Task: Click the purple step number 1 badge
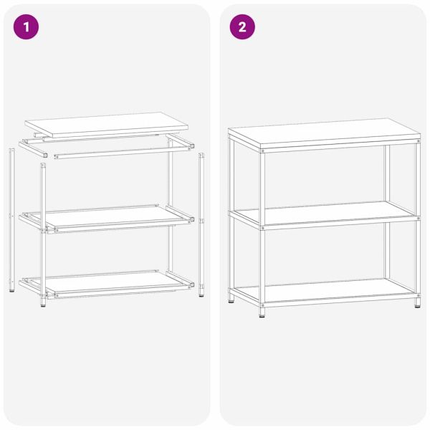coord(27,27)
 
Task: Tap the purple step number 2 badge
coord(242,27)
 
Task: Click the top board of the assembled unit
coord(322,133)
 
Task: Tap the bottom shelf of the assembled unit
coord(322,290)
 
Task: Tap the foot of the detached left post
coord(11,290)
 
